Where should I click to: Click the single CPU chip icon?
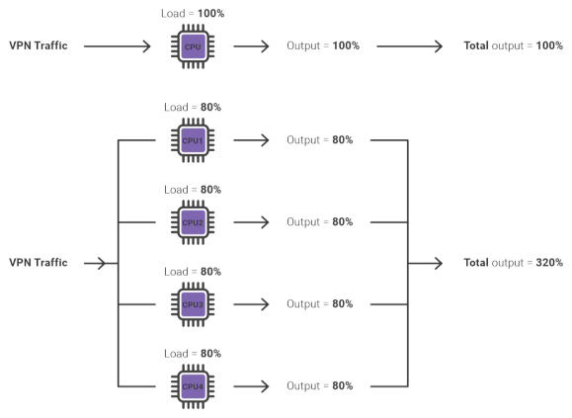point(193,46)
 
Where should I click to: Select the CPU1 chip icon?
point(193,140)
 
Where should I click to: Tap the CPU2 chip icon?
point(193,222)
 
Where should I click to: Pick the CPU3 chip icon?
point(193,304)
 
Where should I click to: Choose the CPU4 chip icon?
point(193,386)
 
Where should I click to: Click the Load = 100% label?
point(193,14)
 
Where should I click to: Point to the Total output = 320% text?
point(514,263)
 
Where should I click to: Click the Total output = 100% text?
point(514,45)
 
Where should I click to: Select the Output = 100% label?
point(323,45)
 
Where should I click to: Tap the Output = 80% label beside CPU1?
point(319,139)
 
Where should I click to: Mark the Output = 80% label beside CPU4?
point(319,385)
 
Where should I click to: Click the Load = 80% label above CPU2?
point(193,190)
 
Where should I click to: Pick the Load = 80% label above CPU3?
point(193,272)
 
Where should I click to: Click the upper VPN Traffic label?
point(39,45)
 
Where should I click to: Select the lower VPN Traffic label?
point(39,263)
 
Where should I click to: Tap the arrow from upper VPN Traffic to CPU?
point(118,46)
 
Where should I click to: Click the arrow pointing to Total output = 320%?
point(425,263)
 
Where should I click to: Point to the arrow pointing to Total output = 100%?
point(410,46)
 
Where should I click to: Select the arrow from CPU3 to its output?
point(251,304)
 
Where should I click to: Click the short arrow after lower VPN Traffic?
point(95,263)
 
